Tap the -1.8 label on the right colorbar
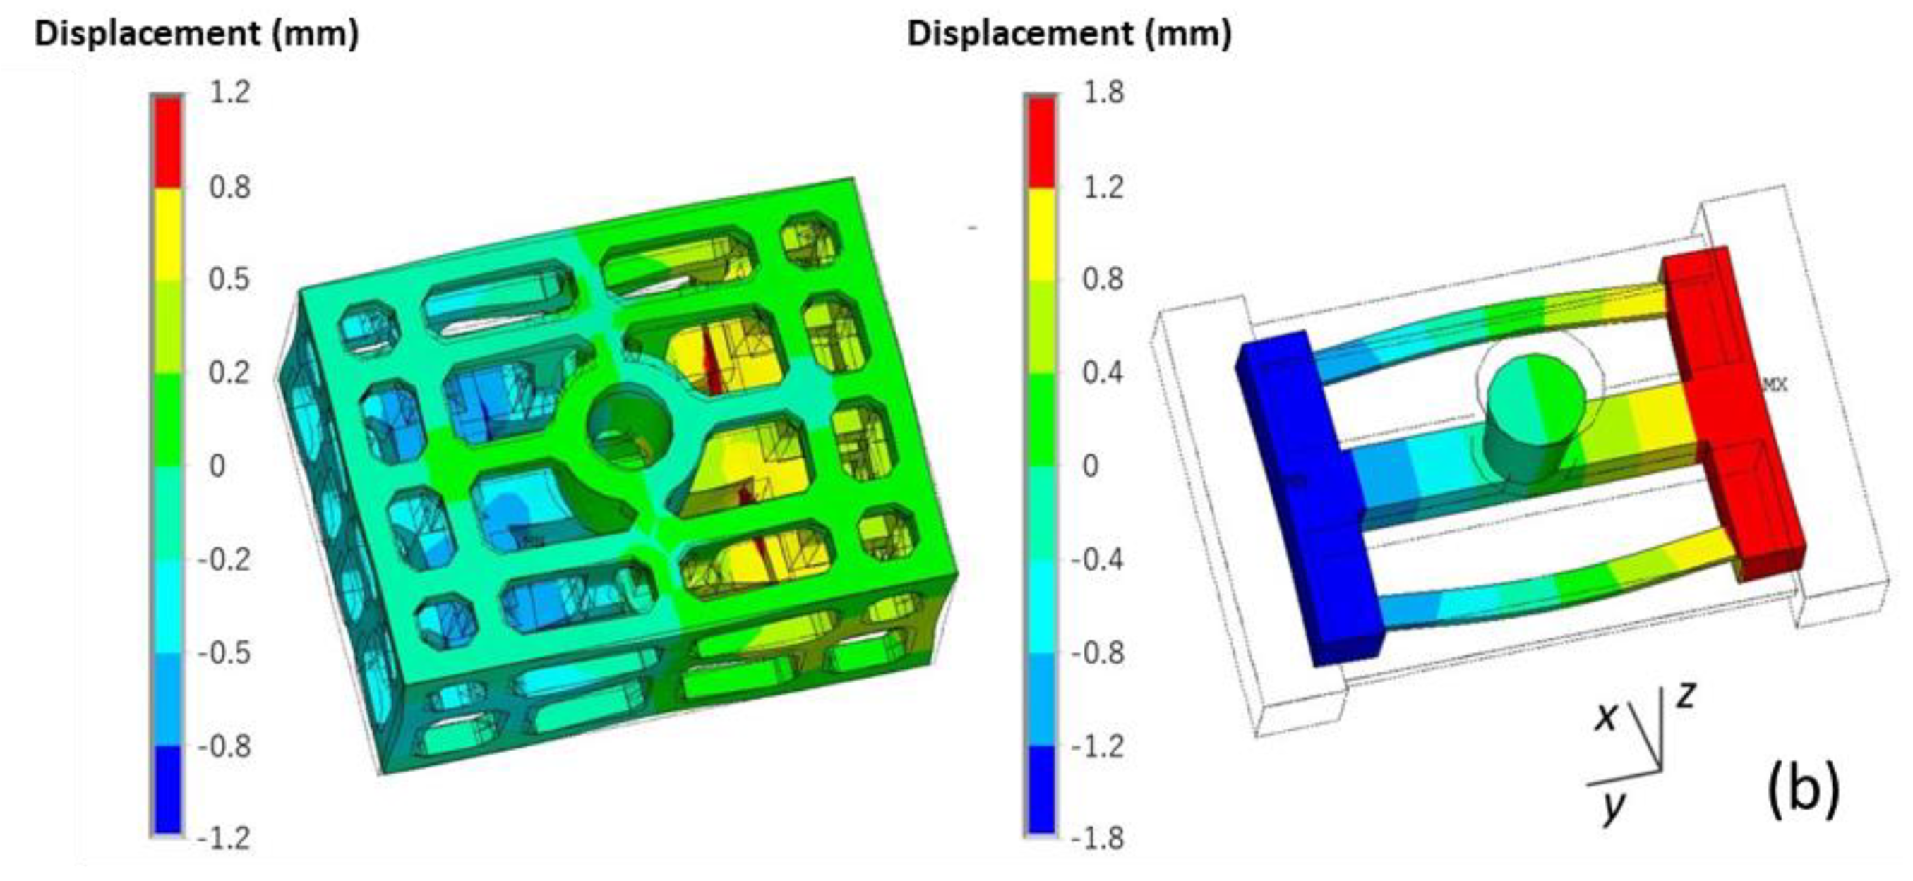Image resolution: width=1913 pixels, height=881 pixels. [x=1098, y=839]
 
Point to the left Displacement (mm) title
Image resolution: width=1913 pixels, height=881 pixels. [x=197, y=34]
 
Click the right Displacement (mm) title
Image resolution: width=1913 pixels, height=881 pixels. [x=1069, y=34]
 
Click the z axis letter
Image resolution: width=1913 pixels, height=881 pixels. [x=1686, y=696]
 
